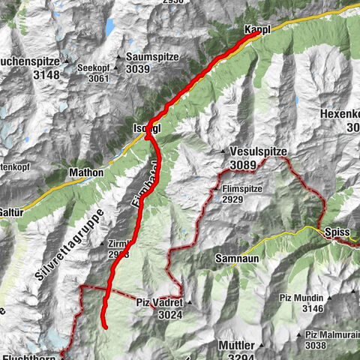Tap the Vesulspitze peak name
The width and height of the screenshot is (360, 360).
(259, 151)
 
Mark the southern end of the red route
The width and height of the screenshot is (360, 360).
(106, 327)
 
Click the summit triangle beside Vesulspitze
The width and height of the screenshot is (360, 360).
(223, 152)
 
